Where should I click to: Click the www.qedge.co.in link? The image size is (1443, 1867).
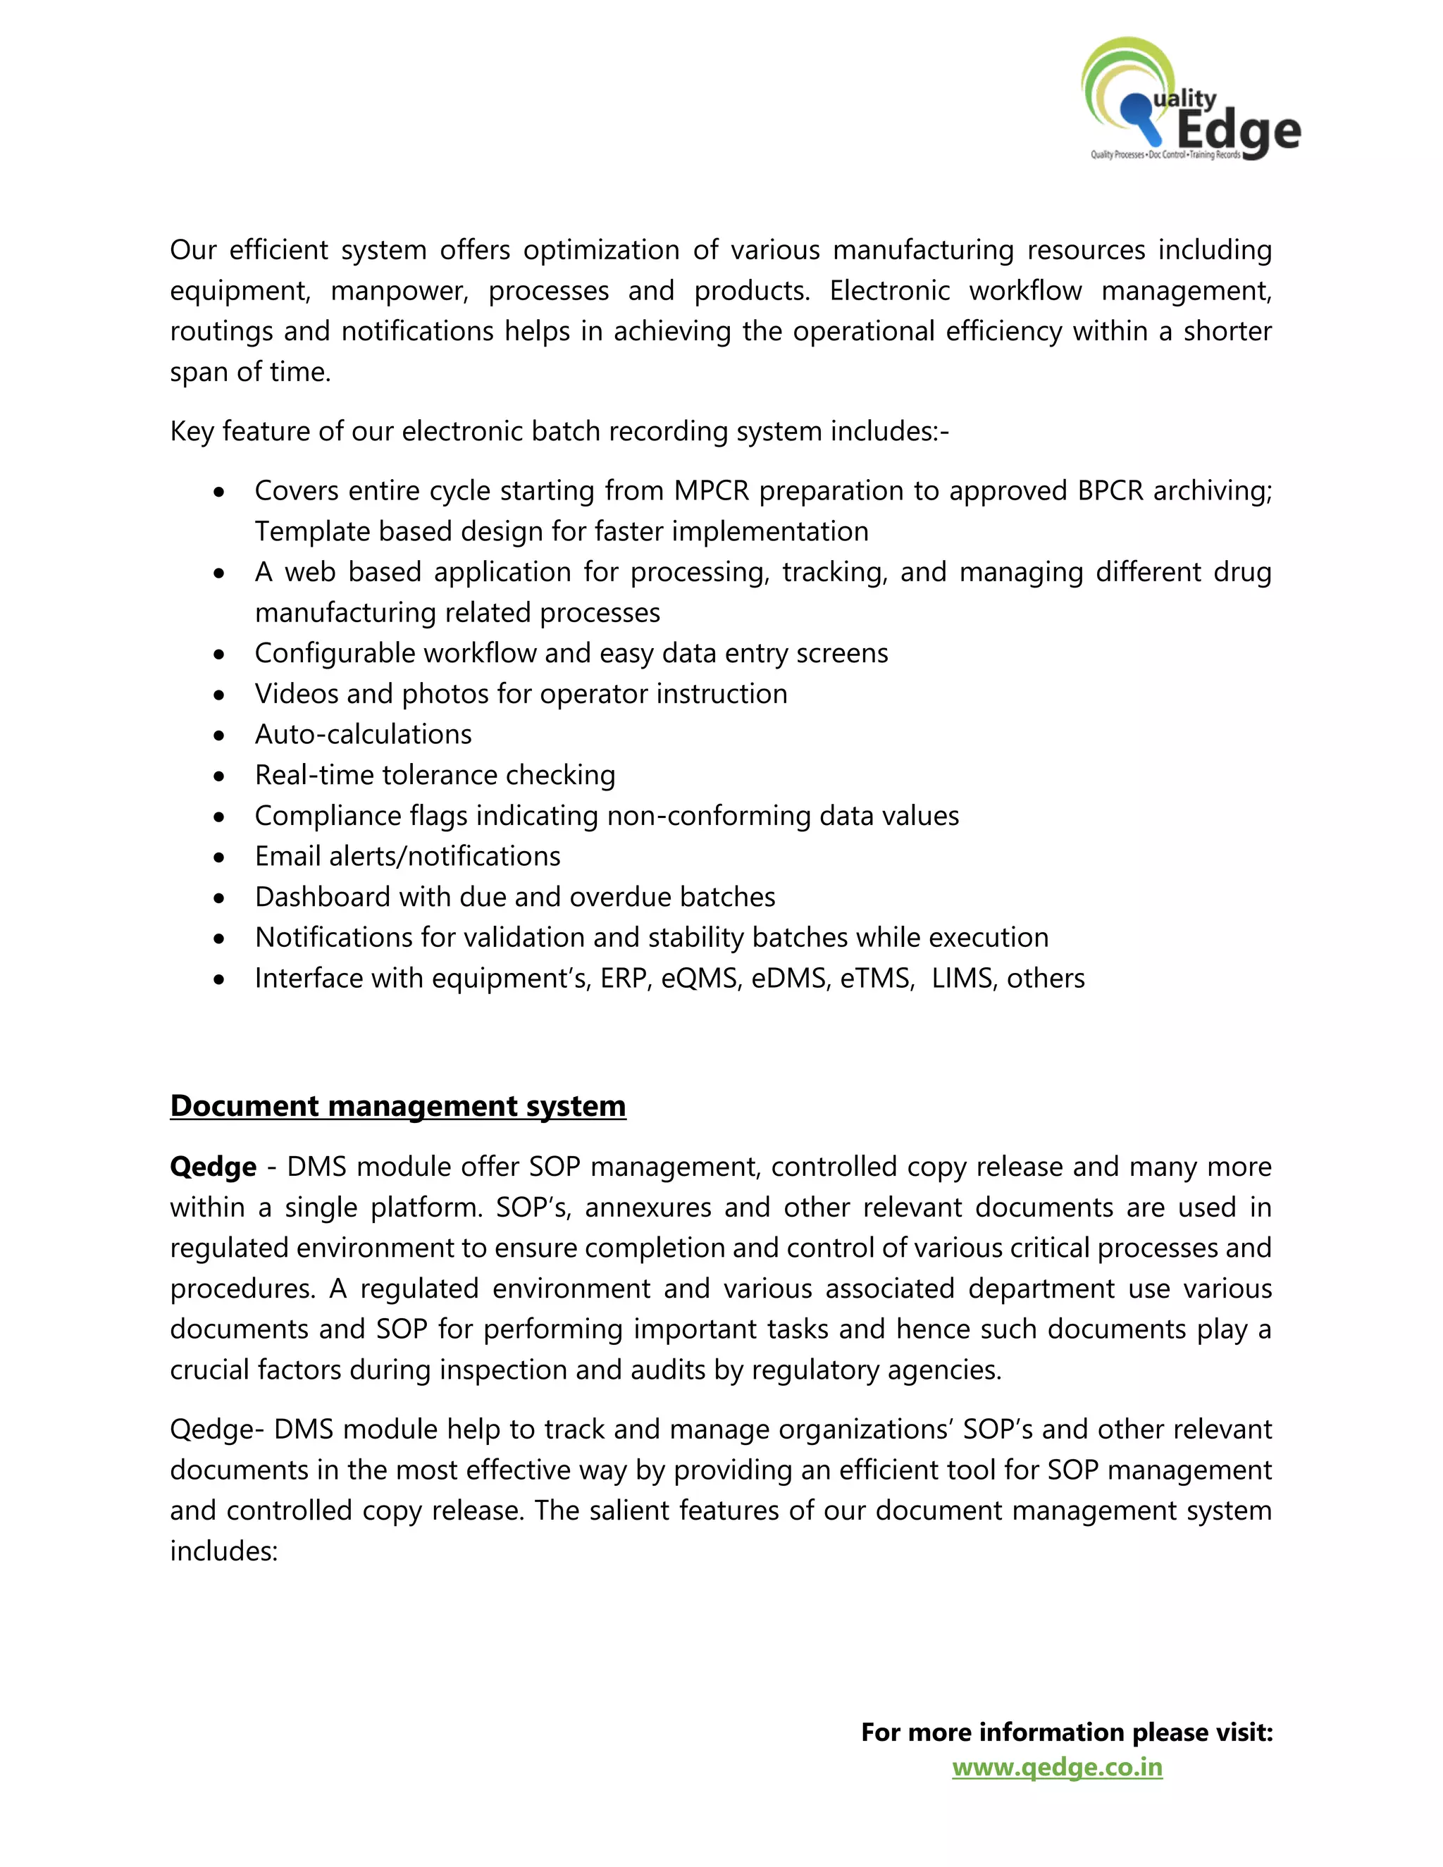pos(1057,1767)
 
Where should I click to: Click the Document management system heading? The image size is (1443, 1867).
pos(397,1106)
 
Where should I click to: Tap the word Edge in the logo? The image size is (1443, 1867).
pos(1237,131)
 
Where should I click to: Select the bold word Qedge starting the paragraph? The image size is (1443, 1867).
pos(213,1167)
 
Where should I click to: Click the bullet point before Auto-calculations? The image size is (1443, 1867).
pos(220,735)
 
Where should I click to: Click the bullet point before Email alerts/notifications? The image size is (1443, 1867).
pos(220,857)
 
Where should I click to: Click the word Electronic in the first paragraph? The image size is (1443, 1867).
pos(889,291)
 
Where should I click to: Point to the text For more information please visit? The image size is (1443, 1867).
pos(1066,1732)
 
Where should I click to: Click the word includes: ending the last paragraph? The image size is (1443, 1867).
pos(224,1551)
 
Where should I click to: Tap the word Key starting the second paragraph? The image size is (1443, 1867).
pos(192,432)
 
